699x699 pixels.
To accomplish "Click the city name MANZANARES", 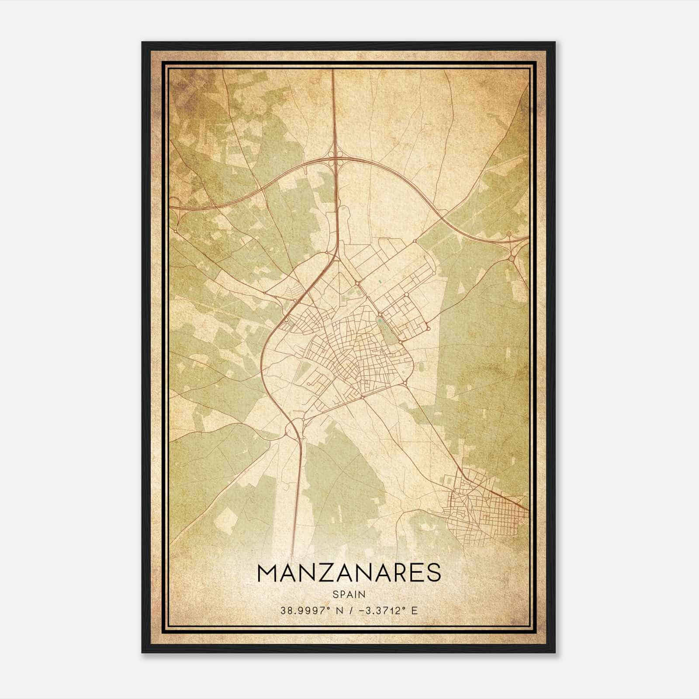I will pyautogui.click(x=349, y=573).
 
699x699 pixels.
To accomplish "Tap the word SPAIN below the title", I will pyautogui.click(x=349, y=594).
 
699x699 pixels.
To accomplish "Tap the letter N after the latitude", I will pyautogui.click(x=336, y=610).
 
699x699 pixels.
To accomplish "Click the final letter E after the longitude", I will pyautogui.click(x=414, y=610).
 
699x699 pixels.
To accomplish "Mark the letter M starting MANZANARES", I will pyautogui.click(x=267, y=573).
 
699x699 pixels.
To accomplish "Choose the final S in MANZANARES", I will pyautogui.click(x=433, y=573).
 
